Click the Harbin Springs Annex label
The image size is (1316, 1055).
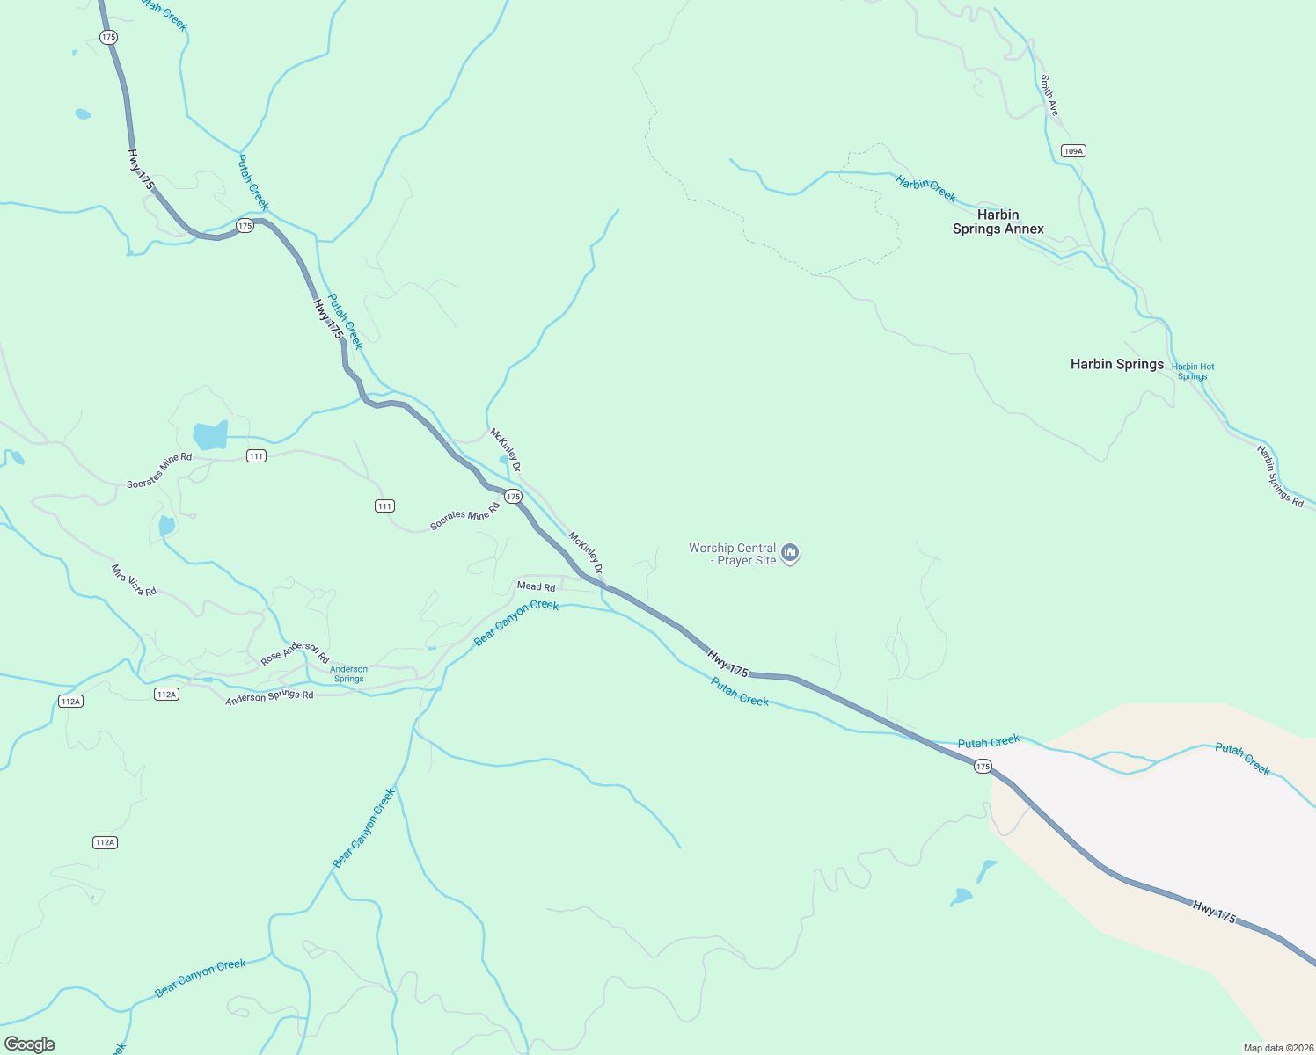[x=998, y=222]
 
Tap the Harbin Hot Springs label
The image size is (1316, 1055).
[x=1192, y=371]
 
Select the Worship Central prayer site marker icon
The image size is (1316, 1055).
[x=790, y=553]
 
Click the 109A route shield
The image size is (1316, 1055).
[x=1072, y=151]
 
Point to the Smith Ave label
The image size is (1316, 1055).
[x=1049, y=95]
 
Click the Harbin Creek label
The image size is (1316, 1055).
[x=925, y=188]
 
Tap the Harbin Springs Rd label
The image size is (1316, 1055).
[x=1280, y=476]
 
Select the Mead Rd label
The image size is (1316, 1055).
[x=536, y=586]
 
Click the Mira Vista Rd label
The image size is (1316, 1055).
[x=134, y=580]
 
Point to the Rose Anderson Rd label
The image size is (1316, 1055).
[x=295, y=652]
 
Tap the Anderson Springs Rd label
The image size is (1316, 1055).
[x=269, y=697]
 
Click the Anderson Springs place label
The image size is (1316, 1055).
[x=348, y=673]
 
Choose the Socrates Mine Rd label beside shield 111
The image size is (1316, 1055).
[x=159, y=470]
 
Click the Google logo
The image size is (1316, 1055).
[x=30, y=1044]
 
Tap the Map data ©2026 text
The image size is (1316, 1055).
[x=1277, y=1048]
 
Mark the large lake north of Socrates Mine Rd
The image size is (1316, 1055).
[x=210, y=435]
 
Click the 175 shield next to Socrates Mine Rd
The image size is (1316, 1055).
[x=514, y=497]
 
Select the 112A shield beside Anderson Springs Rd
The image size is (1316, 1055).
[x=166, y=695]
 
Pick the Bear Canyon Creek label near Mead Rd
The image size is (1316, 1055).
[x=516, y=622]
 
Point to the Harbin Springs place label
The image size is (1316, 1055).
[x=1116, y=364]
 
